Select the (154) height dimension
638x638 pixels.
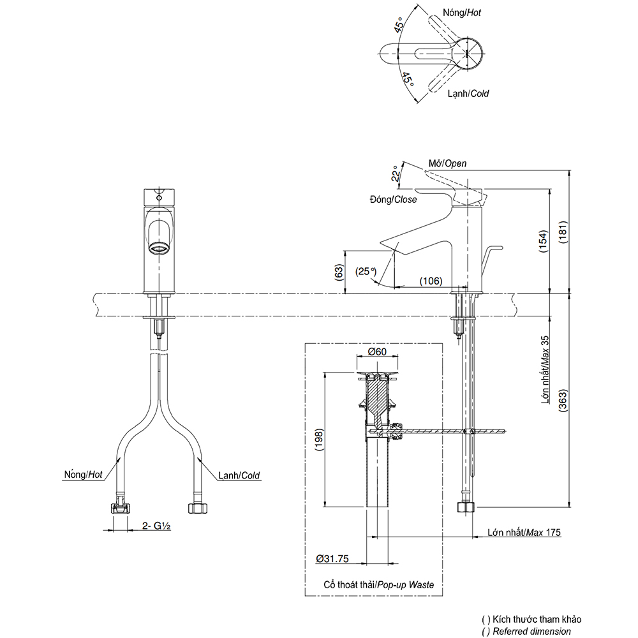pos(544,242)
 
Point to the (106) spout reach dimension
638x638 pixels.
pos(431,281)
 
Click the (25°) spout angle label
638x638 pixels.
pos(367,271)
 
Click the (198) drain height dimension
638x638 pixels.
pos(319,438)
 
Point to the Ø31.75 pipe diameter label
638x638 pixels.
pos(332,559)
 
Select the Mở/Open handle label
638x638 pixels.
pos(447,163)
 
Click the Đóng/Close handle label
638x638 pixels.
pos(393,200)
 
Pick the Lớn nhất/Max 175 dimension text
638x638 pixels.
pos(524,532)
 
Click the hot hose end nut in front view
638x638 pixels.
pos(119,508)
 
